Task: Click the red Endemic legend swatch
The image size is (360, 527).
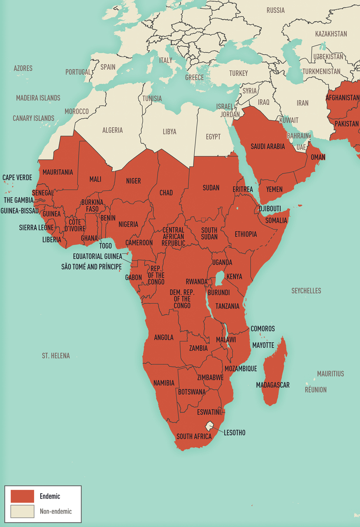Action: (22, 496)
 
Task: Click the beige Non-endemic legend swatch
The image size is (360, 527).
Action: (22, 511)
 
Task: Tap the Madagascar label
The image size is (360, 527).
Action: (272, 385)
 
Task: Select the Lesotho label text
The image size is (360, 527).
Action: (235, 433)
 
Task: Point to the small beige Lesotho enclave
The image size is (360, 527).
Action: (211, 425)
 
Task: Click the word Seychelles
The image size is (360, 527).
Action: (306, 291)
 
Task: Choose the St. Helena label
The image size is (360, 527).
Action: (56, 355)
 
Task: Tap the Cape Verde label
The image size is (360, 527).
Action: (17, 177)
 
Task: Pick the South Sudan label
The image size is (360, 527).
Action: (209, 233)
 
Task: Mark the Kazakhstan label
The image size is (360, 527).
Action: (331, 34)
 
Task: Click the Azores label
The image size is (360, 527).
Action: (23, 68)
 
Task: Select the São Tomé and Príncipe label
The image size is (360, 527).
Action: (91, 266)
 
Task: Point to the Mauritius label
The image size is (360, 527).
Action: (330, 374)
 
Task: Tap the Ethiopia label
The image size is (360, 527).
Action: (246, 234)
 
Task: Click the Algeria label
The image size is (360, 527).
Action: (112, 130)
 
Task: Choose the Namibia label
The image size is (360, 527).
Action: (164, 383)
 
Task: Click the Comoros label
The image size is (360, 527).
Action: (262, 329)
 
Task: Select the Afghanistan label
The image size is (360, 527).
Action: (342, 98)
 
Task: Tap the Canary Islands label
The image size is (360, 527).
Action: (33, 118)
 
